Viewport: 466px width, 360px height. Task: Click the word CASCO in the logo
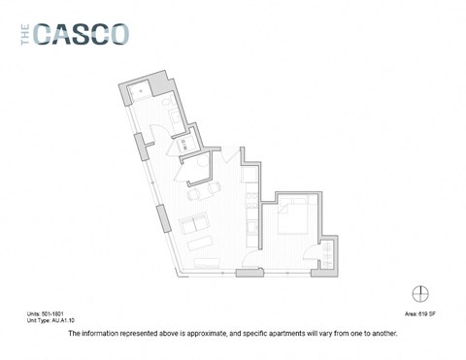click(81, 35)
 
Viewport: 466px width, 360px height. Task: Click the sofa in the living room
click(199, 232)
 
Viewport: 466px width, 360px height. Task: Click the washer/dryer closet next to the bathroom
click(185, 145)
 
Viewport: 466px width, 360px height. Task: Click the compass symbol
click(420, 293)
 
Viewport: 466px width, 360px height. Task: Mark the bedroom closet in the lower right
click(330, 254)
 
